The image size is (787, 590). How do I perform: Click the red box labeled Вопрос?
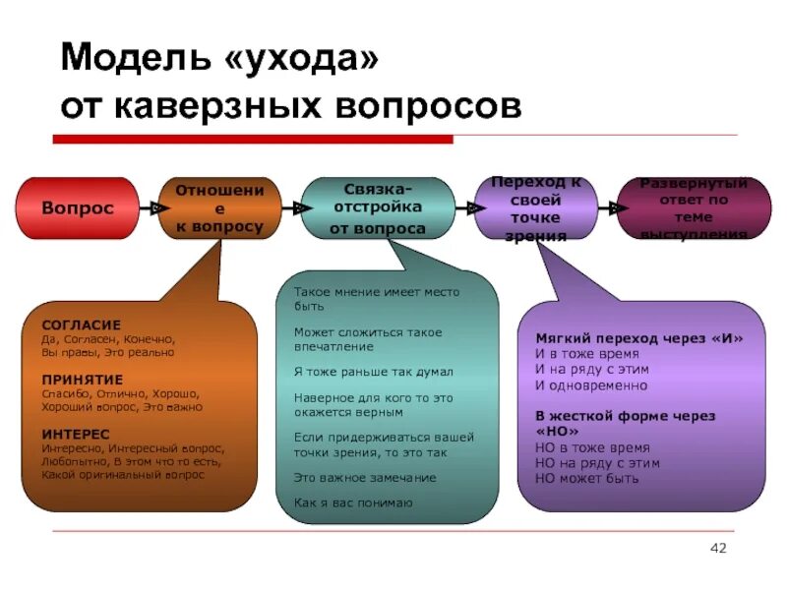click(77, 208)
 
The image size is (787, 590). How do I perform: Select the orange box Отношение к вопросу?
click(218, 208)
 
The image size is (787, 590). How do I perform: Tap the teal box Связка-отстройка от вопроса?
click(377, 208)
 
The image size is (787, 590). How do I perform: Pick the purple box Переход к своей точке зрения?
click(535, 208)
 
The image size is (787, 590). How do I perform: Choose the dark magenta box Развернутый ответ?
click(693, 208)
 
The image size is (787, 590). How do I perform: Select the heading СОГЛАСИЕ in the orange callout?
click(82, 324)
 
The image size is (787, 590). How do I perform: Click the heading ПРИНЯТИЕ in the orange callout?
click(83, 379)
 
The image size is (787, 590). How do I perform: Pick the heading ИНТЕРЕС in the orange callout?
click(76, 433)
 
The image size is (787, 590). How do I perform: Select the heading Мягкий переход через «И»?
click(638, 338)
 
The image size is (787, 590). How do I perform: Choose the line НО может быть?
click(586, 478)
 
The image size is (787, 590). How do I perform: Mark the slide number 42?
click(717, 547)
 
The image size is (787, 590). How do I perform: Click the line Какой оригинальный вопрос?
click(123, 474)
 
